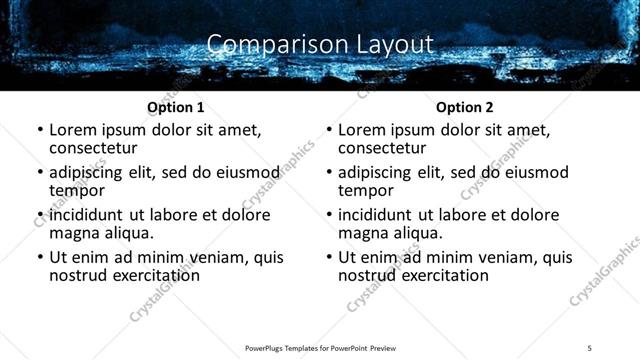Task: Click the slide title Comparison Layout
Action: click(320, 45)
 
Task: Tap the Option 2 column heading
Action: click(464, 107)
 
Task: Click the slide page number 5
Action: click(589, 347)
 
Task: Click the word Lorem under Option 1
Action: click(72, 130)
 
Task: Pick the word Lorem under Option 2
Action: click(361, 130)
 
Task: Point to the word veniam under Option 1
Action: click(199, 257)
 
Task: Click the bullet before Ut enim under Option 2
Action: click(330, 258)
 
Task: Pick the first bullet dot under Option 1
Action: click(41, 131)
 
